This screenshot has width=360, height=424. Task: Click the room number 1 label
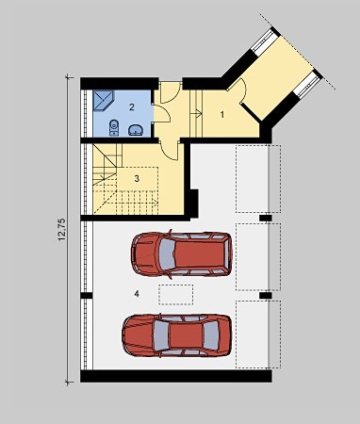(222, 115)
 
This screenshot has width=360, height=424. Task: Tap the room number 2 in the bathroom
(132, 106)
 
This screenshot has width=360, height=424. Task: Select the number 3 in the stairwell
(137, 178)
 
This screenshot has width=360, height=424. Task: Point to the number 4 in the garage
(137, 294)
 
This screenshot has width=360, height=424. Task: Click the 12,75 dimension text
(61, 230)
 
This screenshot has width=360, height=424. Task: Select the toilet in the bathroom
(114, 128)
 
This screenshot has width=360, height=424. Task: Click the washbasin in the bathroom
(136, 130)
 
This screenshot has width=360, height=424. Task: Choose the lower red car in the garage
(176, 335)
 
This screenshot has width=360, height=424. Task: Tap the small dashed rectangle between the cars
(176, 295)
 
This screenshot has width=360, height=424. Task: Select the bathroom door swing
(162, 113)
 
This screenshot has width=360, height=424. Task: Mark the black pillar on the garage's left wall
(87, 296)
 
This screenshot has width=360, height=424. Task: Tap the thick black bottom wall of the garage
(176, 376)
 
